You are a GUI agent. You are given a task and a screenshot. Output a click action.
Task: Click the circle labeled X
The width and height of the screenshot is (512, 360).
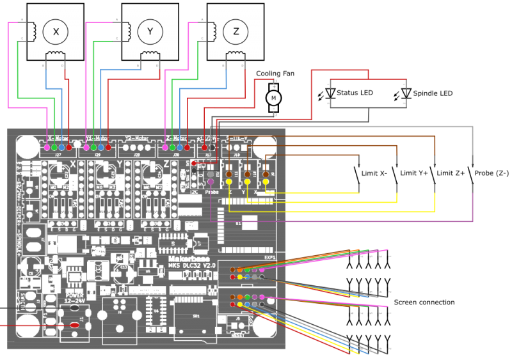tap(56, 32)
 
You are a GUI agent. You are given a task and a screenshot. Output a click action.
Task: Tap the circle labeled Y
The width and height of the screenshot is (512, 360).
tap(150, 32)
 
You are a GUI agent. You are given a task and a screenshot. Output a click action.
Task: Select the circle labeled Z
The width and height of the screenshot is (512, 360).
tap(236, 32)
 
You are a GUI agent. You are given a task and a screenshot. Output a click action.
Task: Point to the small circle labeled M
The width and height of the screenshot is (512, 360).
tap(273, 98)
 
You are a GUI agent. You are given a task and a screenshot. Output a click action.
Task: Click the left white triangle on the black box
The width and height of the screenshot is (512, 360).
tap(330, 93)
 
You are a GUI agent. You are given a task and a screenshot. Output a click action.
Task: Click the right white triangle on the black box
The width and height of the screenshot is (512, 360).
tap(406, 93)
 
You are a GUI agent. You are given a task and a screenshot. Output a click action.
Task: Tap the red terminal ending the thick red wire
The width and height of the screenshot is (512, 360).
tap(74, 325)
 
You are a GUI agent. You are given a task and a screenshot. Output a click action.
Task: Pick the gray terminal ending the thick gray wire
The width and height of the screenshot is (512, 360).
tap(74, 308)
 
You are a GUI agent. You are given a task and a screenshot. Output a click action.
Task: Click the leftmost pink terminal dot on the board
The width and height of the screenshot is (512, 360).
tap(47, 148)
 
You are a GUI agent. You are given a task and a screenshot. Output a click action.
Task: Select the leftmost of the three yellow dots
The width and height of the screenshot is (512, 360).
tap(228, 182)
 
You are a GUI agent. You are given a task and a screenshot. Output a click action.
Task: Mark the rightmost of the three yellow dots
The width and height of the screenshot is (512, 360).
tap(266, 182)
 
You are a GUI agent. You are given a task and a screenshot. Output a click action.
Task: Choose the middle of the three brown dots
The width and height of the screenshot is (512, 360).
tap(247, 174)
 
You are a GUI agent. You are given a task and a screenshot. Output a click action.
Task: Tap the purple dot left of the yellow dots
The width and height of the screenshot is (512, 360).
tap(211, 182)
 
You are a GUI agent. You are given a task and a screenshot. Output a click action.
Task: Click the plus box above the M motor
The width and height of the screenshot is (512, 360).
tap(274, 87)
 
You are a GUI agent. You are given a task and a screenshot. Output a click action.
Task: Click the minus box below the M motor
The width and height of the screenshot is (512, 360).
tap(274, 109)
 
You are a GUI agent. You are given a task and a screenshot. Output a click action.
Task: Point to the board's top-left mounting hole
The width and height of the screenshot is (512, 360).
tap(28, 146)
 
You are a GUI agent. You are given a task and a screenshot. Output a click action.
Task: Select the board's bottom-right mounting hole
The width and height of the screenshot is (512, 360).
tap(264, 325)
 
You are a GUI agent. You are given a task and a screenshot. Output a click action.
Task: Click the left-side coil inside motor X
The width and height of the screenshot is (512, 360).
tap(31, 31)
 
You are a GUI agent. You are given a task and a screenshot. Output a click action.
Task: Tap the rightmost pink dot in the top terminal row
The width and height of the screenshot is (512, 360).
tap(165, 148)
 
